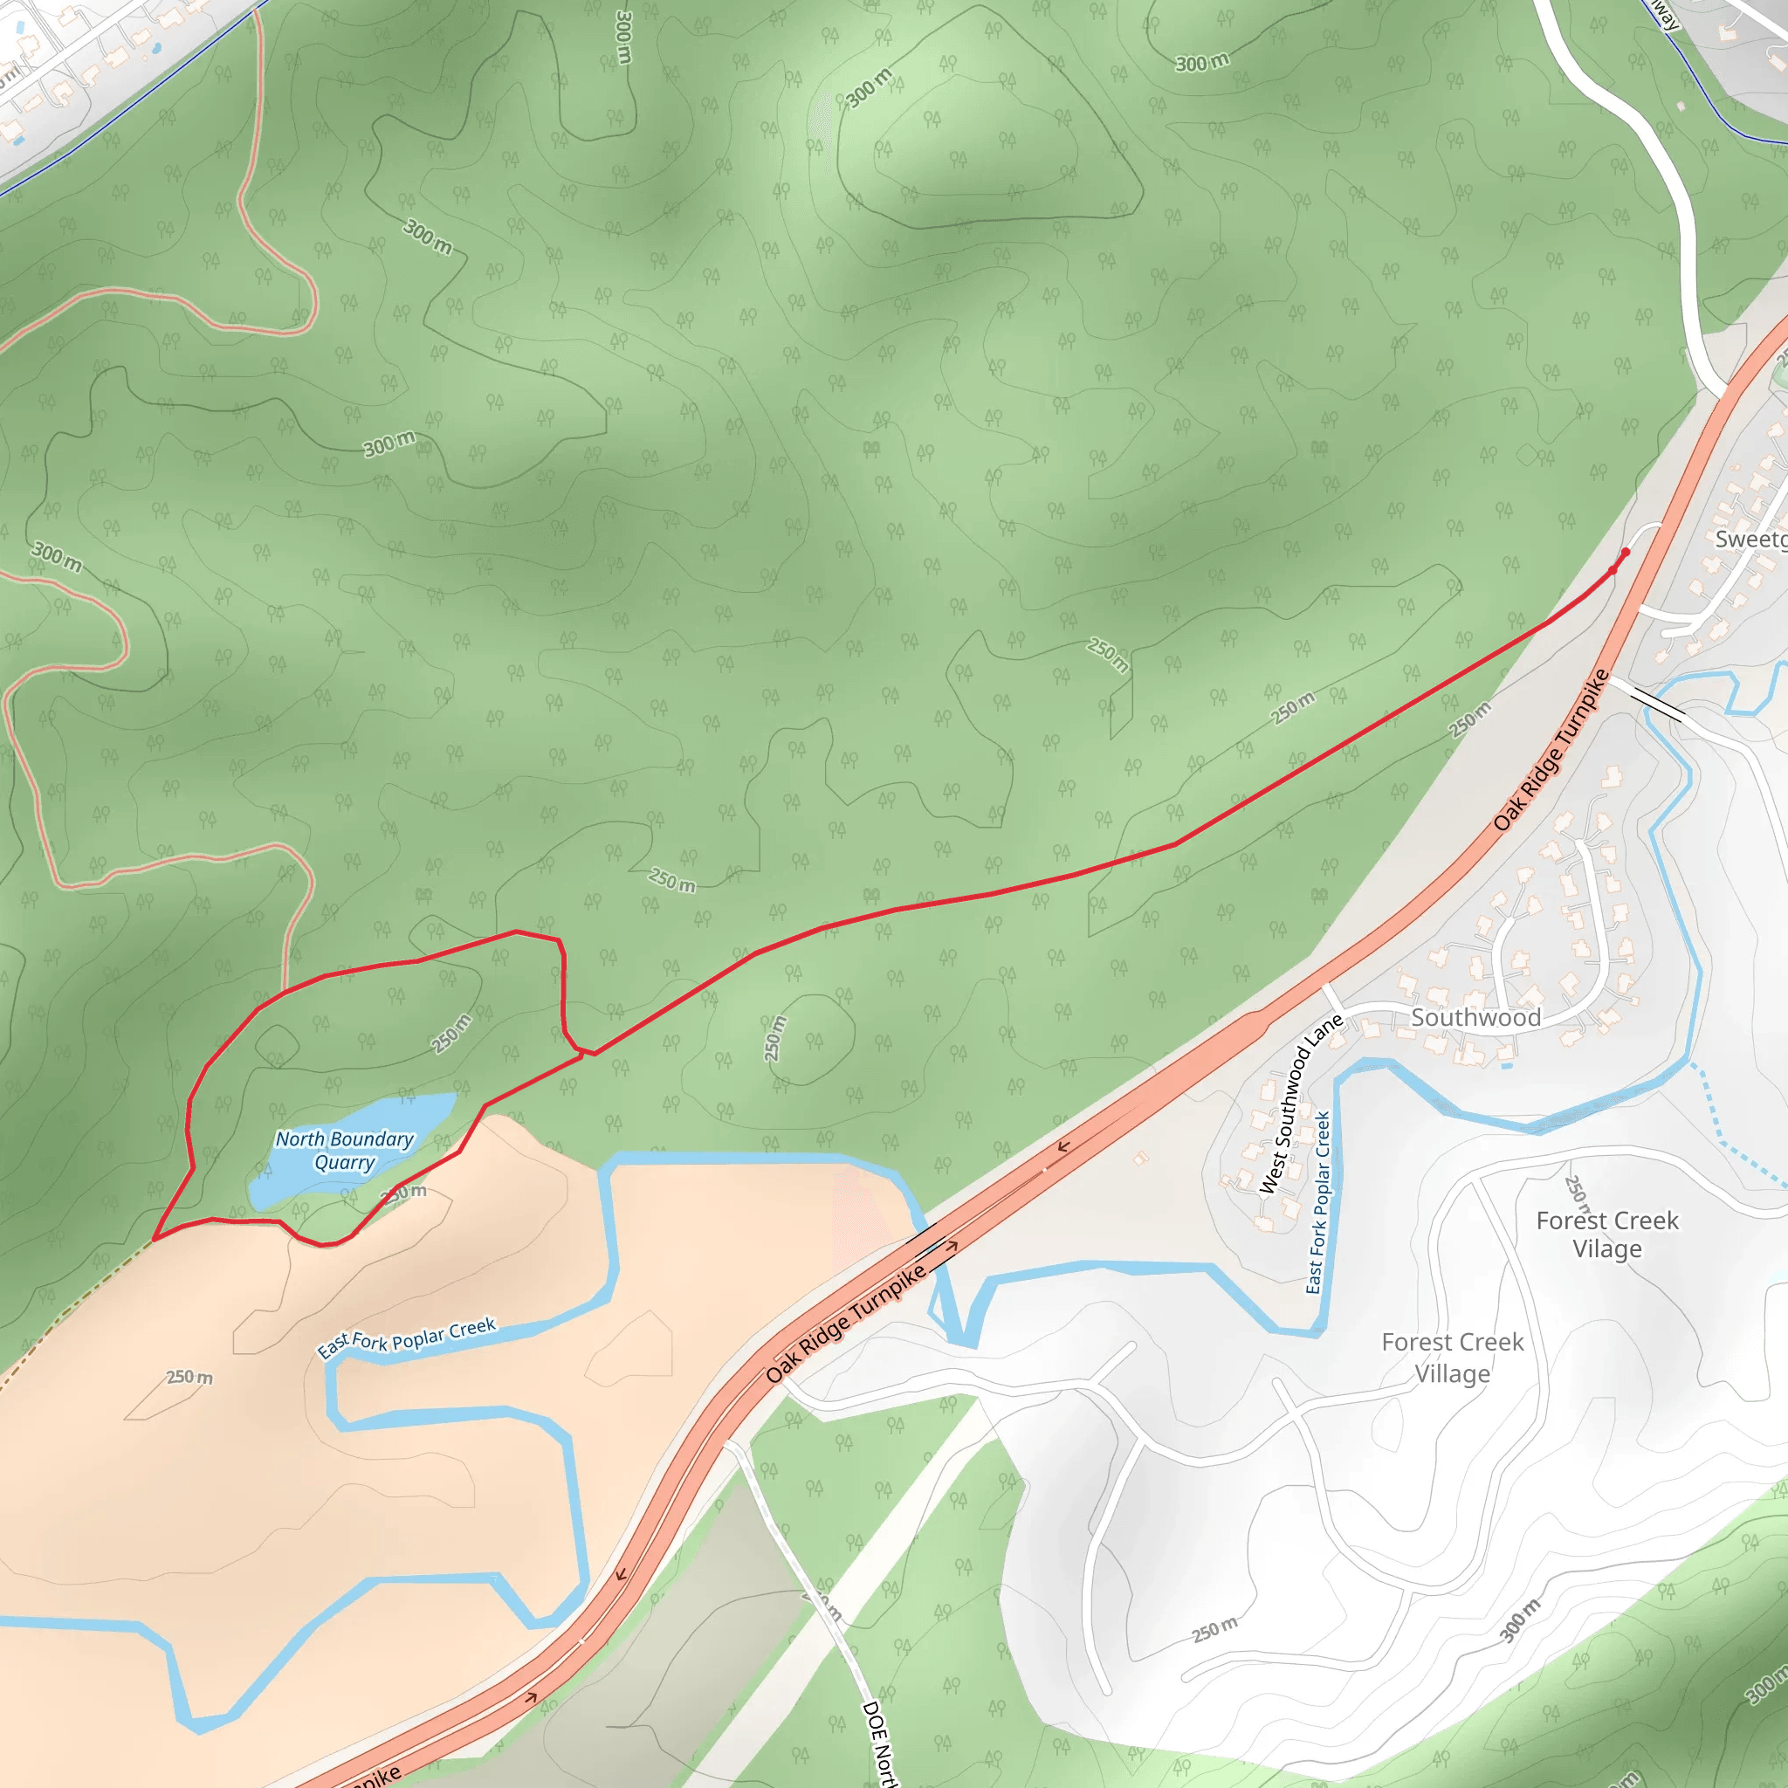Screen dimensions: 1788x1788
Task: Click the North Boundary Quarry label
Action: [x=344, y=1151]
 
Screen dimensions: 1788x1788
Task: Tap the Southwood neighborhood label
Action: [x=1475, y=1017]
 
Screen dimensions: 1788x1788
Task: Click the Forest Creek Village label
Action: [x=1452, y=1358]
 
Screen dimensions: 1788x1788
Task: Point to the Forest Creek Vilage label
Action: [x=1606, y=1234]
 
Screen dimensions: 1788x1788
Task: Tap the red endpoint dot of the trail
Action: [x=1626, y=553]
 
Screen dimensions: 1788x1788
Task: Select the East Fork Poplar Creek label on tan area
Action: [x=407, y=1338]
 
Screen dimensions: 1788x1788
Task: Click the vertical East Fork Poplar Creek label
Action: [x=1317, y=1203]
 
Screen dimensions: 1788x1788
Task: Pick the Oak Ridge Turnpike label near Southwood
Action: [x=1551, y=750]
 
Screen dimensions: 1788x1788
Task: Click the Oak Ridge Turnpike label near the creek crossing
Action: [x=845, y=1324]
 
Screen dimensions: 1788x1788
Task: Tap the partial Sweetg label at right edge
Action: [x=1751, y=540]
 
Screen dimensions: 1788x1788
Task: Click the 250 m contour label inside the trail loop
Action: [x=451, y=1034]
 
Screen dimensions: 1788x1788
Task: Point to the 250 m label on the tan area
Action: [x=189, y=1377]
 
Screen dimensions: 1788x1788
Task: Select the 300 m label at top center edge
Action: [x=623, y=37]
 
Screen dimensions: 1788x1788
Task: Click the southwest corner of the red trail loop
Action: [x=155, y=1238]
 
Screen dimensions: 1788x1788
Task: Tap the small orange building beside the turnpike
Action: [x=1141, y=1158]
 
